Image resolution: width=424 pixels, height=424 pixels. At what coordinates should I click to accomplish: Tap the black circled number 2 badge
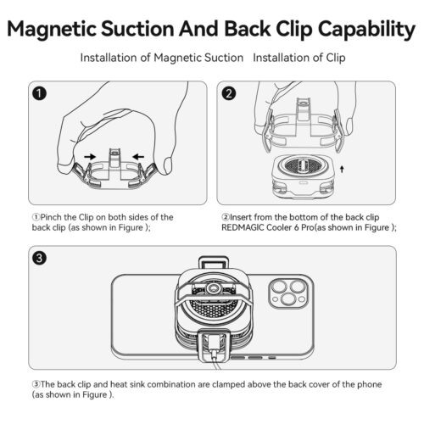pyautogui.click(x=227, y=92)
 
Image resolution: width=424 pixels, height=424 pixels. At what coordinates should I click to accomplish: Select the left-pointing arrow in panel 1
pyautogui.click(x=136, y=156)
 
